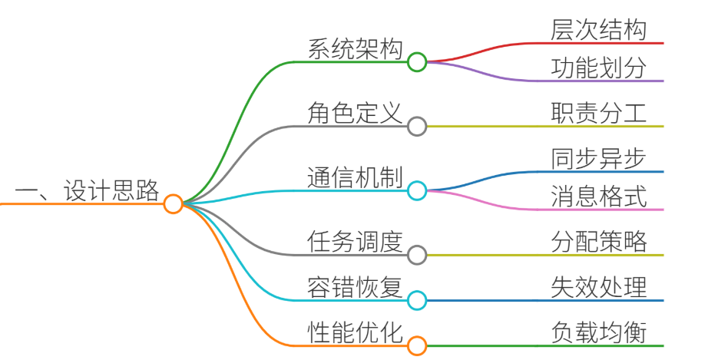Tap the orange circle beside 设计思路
click(173, 194)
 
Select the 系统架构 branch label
click(355, 48)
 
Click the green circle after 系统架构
click(417, 52)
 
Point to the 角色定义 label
click(355, 113)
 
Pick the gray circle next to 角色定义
click(417, 117)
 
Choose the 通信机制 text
click(355, 177)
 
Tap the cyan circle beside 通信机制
click(417, 181)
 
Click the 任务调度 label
click(355, 241)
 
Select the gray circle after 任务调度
click(417, 246)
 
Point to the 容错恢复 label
click(355, 287)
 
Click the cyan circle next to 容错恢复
click(417, 291)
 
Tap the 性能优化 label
click(355, 332)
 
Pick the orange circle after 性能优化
click(417, 336)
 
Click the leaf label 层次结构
click(599, 30)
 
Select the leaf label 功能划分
click(599, 68)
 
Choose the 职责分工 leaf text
click(599, 113)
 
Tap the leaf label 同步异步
click(599, 158)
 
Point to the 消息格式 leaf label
click(599, 197)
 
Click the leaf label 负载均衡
click(599, 332)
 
